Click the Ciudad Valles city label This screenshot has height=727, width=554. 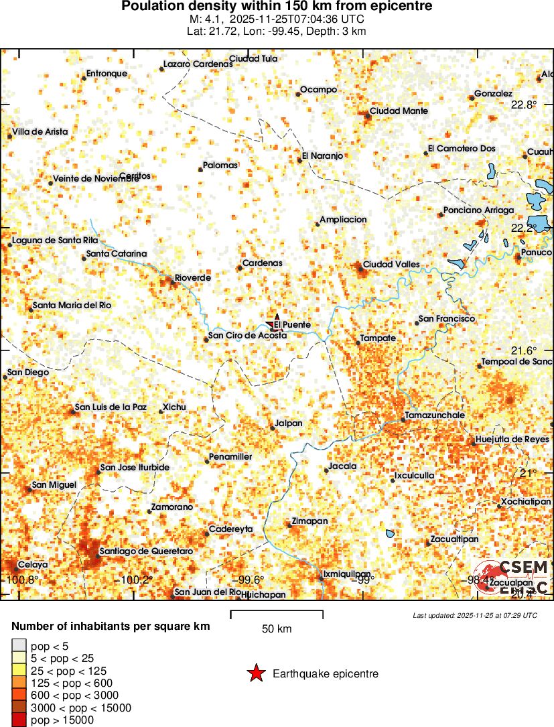pyautogui.click(x=391, y=264)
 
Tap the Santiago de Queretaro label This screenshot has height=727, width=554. pyautogui.click(x=146, y=551)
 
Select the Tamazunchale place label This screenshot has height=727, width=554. pyautogui.click(x=435, y=415)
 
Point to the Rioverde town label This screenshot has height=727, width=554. pyautogui.click(x=193, y=277)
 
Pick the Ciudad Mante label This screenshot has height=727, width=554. pyautogui.click(x=399, y=111)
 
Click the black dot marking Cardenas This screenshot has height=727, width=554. pyautogui.click(x=239, y=268)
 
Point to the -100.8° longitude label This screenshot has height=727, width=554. pyautogui.click(x=22, y=580)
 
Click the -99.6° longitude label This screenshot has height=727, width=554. pyautogui.click(x=248, y=580)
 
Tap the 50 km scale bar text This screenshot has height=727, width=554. pyautogui.click(x=276, y=629)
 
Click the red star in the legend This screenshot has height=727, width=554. pyautogui.click(x=256, y=673)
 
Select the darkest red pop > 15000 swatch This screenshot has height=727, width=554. pyautogui.click(x=19, y=720)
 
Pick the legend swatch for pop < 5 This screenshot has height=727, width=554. pyautogui.click(x=19, y=646)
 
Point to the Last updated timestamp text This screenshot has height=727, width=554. pyautogui.click(x=474, y=615)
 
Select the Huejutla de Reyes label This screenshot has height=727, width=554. pyautogui.click(x=512, y=440)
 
